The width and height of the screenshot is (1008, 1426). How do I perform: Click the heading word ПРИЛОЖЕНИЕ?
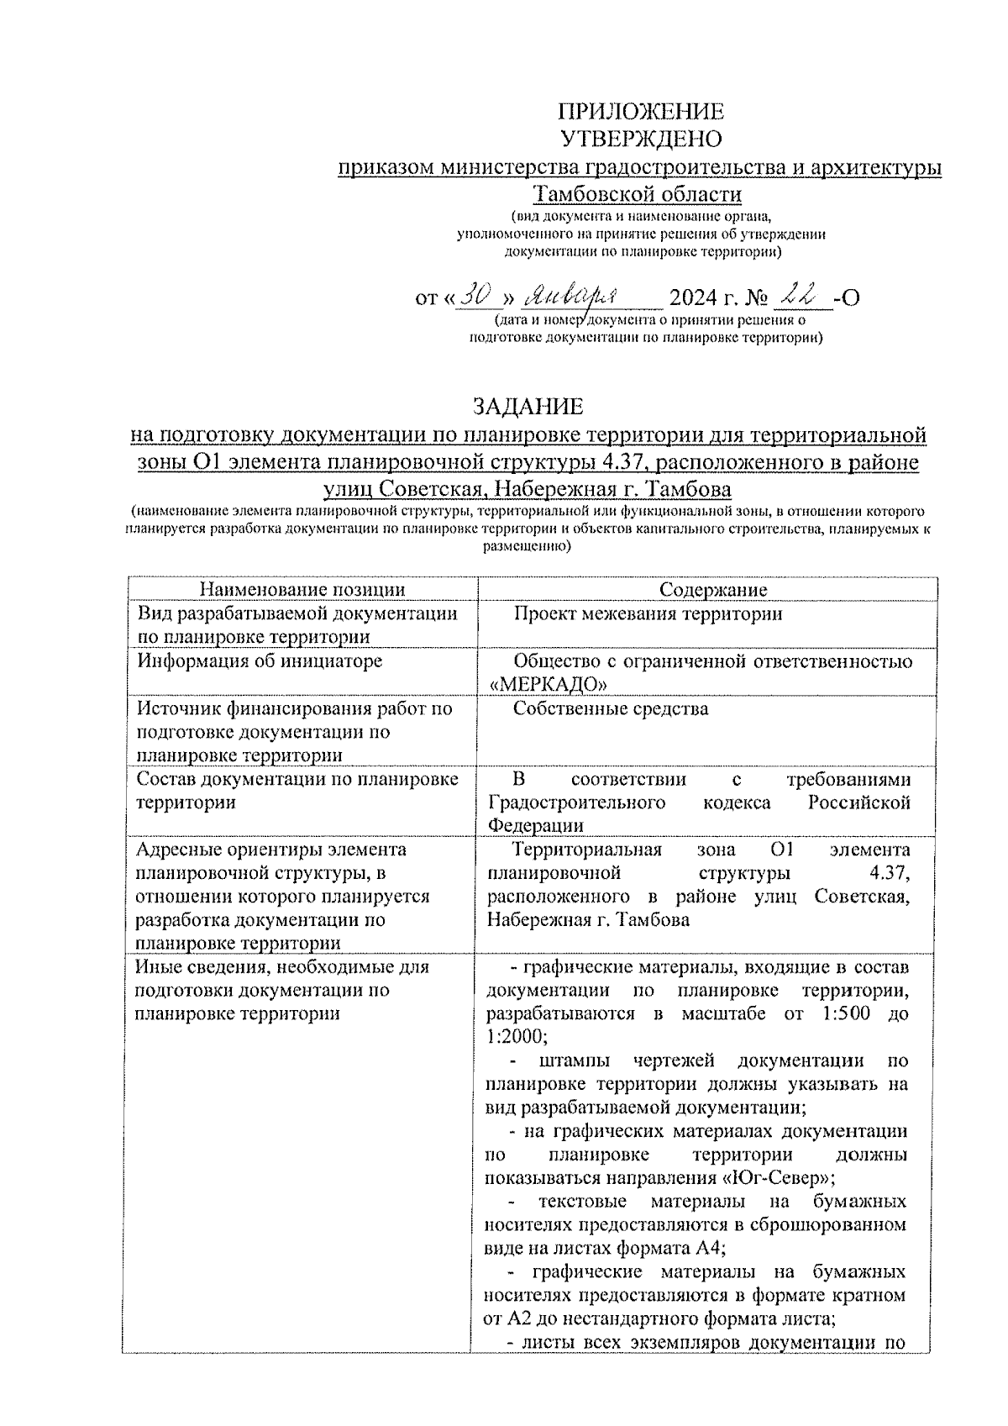coord(641,112)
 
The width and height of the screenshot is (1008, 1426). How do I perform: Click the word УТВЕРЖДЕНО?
coord(641,139)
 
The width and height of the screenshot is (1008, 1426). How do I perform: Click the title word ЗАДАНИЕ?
coord(528,408)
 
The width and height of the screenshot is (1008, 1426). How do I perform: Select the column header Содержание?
coord(712,590)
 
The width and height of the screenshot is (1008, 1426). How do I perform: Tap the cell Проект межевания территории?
coord(648,614)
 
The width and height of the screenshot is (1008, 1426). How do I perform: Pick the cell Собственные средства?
coord(611,708)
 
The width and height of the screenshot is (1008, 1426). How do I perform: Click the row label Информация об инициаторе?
coord(260,661)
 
